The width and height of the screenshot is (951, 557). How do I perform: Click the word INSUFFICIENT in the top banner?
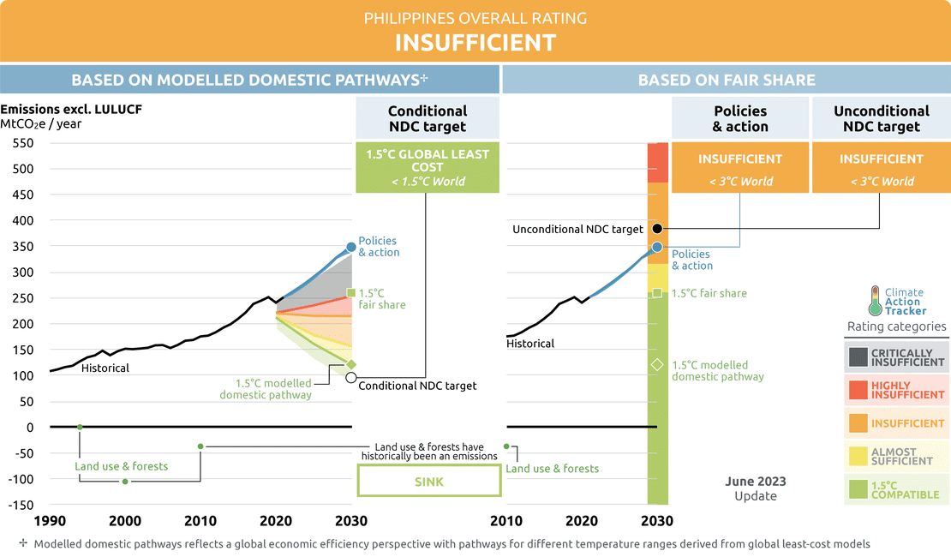(475, 42)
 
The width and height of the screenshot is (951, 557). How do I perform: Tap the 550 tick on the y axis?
(21, 143)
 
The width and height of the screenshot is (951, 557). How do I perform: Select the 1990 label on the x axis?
(51, 521)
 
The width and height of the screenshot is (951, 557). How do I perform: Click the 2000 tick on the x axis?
(125, 521)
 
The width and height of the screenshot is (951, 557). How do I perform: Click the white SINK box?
(428, 482)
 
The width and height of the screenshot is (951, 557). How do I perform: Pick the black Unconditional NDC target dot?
(657, 229)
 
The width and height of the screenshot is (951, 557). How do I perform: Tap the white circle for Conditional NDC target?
(351, 377)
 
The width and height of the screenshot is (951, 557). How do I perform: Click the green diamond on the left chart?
(351, 364)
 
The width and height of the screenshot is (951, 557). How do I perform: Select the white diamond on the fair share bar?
(657, 364)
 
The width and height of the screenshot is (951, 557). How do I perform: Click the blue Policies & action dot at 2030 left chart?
(351, 247)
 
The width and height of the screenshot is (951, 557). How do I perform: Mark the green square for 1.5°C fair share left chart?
(351, 292)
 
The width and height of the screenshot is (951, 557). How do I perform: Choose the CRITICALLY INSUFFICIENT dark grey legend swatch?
(858, 357)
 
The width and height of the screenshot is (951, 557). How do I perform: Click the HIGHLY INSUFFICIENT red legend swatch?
(858, 390)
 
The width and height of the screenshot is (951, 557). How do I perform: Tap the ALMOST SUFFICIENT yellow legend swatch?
(858, 456)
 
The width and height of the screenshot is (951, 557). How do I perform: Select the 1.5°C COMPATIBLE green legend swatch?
(858, 489)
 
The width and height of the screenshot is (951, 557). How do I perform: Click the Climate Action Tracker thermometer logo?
(875, 302)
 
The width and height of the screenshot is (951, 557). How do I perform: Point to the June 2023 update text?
(755, 488)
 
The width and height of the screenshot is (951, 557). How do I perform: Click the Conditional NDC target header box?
(428, 118)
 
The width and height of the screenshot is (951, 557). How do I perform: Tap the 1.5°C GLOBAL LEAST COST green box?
(428, 168)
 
